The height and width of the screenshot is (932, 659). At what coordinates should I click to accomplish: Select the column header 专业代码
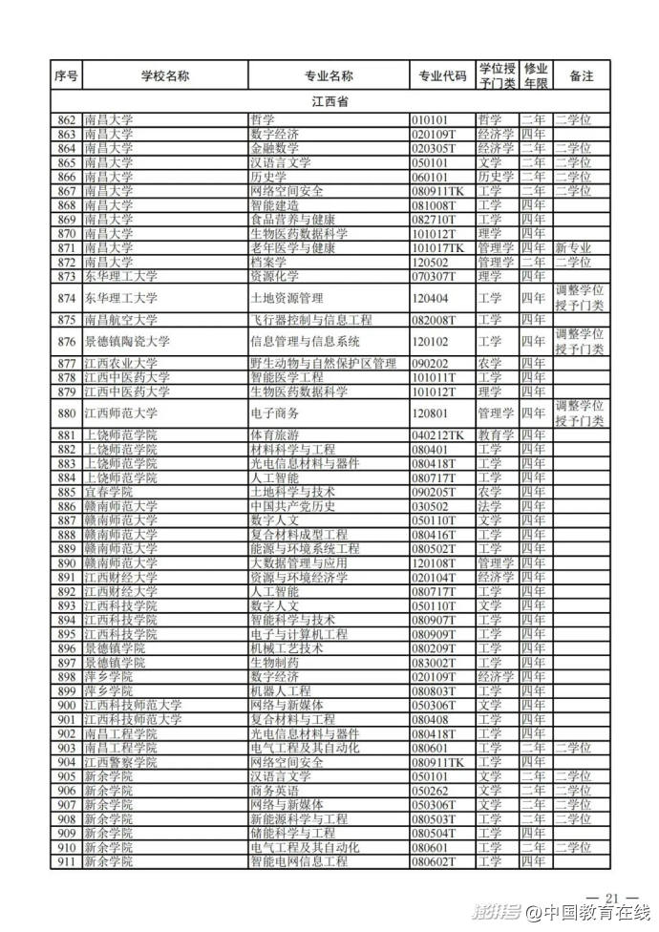tap(442, 76)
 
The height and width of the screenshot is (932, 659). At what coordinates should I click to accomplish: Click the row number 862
tap(66, 120)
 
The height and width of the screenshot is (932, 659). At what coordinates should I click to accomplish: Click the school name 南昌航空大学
tap(120, 320)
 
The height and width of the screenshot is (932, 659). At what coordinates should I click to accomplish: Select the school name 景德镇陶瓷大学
tap(127, 341)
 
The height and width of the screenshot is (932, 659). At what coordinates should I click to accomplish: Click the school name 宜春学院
tap(107, 492)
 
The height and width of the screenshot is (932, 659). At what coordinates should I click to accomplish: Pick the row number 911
tap(66, 862)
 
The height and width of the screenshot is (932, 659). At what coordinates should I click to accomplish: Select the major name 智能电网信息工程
tap(299, 862)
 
